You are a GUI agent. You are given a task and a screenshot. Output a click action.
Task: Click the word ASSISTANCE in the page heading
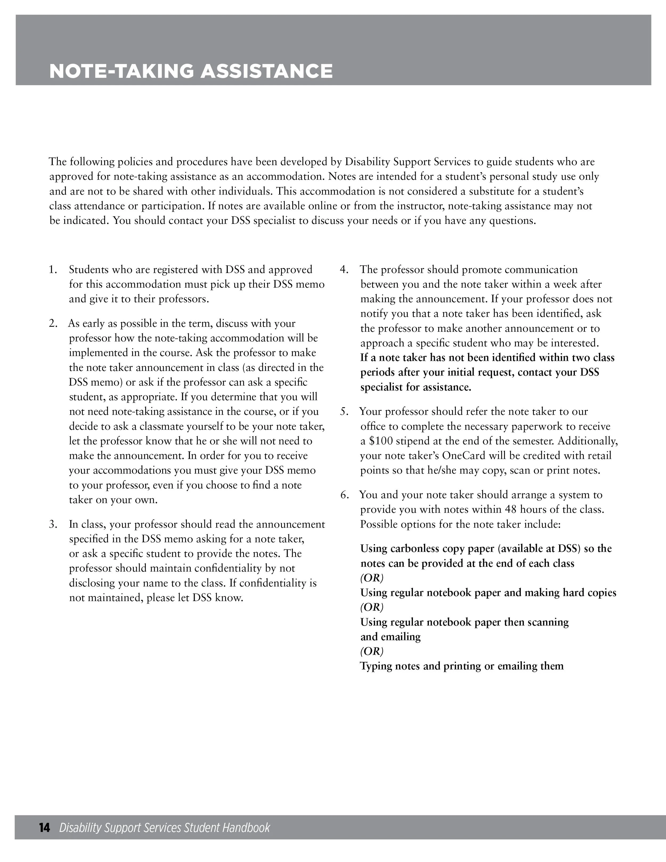[x=266, y=71]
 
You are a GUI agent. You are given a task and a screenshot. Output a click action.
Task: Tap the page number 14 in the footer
[x=44, y=828]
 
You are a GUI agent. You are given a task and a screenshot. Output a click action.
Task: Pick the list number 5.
[x=344, y=411]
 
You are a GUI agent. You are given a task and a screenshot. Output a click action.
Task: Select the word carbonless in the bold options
[x=417, y=549]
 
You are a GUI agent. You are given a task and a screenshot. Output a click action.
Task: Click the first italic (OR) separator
[x=372, y=578]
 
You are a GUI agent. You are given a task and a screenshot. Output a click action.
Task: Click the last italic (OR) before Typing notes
[x=372, y=651]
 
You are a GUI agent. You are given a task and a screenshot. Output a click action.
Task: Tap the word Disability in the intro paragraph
[x=366, y=162]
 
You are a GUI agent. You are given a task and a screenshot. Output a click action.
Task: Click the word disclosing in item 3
[x=94, y=583]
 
